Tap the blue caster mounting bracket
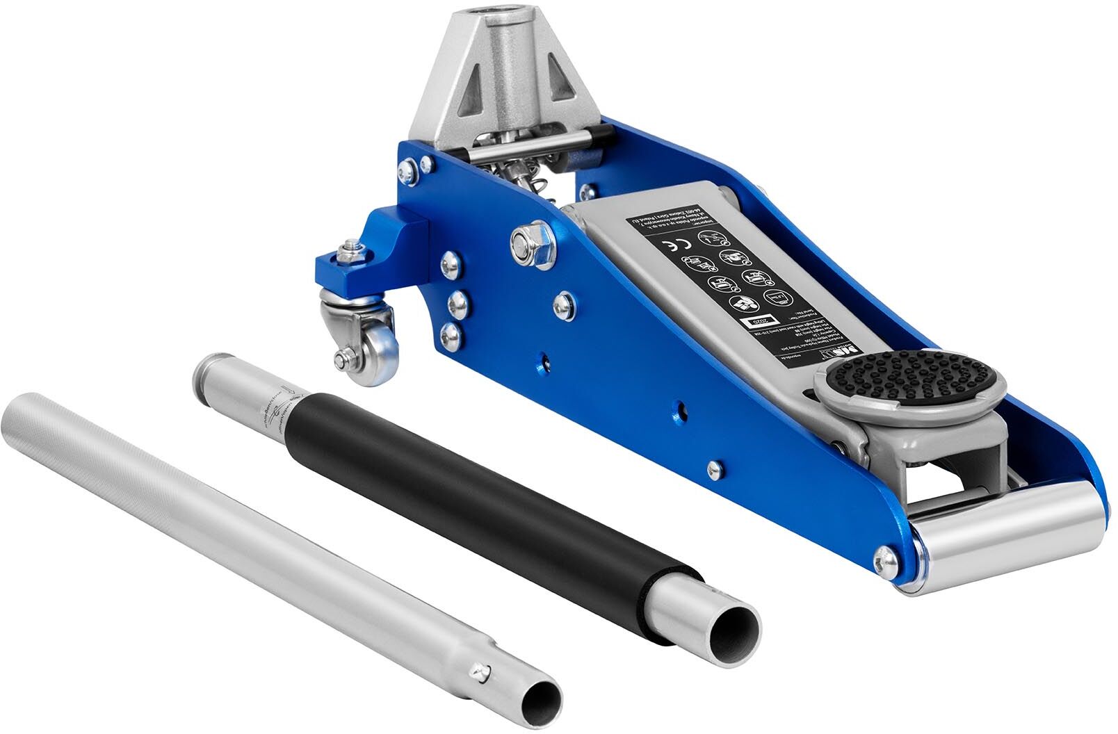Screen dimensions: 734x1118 point(372,254)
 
